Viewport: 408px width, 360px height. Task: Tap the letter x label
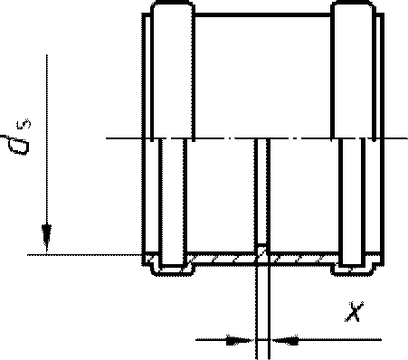[354, 311]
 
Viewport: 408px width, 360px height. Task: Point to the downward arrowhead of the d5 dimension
[46, 238]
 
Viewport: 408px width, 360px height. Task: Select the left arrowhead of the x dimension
[240, 340]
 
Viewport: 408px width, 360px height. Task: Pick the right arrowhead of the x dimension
[285, 340]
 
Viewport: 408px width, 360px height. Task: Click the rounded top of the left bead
[172, 3]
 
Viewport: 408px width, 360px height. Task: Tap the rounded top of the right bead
[353, 3]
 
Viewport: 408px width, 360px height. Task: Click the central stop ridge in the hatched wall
[261, 252]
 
